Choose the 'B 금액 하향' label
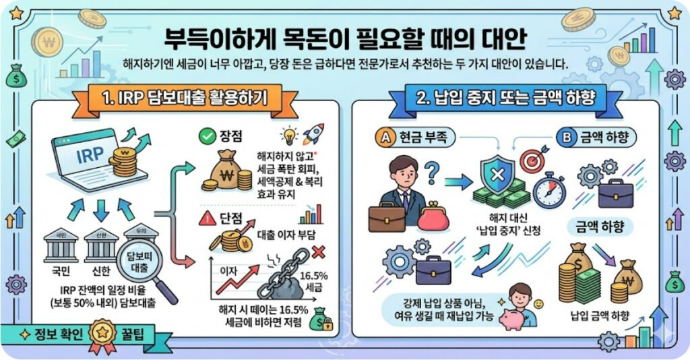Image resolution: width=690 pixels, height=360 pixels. point(596,138)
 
